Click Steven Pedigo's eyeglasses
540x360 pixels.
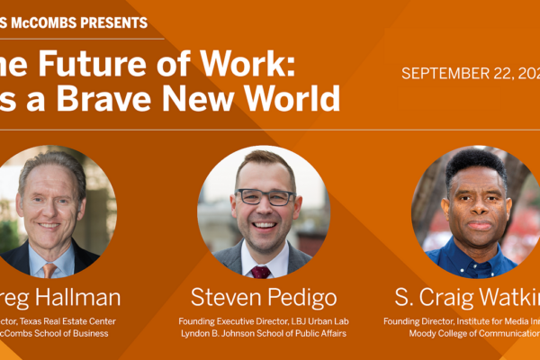point(265,197)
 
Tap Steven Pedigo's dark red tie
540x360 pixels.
point(261,271)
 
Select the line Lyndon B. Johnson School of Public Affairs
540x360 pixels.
point(264,334)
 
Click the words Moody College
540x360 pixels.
point(447,334)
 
